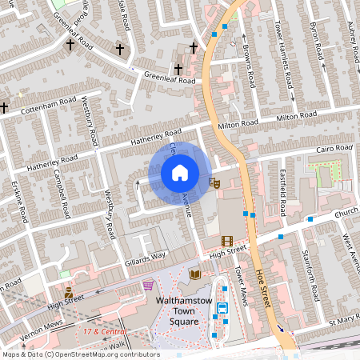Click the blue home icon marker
(x=180, y=173)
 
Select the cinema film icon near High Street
(x=227, y=241)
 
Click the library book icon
(x=195, y=274)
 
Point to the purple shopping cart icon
(x=148, y=284)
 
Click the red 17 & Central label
(x=104, y=330)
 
